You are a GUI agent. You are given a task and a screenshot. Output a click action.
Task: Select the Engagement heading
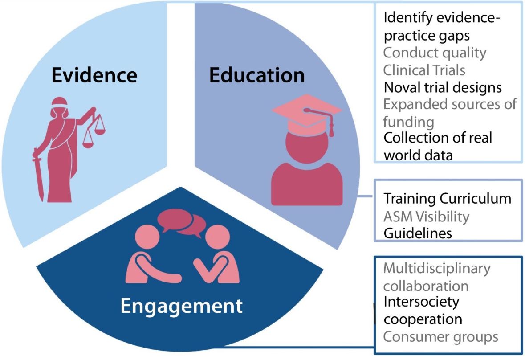tap(182, 306)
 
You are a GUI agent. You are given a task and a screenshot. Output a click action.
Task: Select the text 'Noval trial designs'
tap(443, 87)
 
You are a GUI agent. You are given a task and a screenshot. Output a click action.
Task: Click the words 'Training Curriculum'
tap(447, 198)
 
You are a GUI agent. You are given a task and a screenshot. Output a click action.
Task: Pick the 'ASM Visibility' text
tap(426, 217)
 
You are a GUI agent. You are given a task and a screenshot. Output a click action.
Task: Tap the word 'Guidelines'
tap(418, 233)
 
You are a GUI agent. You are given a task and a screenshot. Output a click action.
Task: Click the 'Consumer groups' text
tap(440, 336)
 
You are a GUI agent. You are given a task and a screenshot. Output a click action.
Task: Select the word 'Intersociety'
tap(421, 302)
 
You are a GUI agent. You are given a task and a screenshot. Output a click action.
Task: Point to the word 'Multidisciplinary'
tap(436, 268)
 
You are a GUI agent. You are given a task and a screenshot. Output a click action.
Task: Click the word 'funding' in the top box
tap(408, 121)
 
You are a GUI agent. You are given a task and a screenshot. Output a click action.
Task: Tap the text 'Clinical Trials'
tap(424, 70)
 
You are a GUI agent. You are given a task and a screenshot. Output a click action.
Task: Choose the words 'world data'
tap(418, 155)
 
